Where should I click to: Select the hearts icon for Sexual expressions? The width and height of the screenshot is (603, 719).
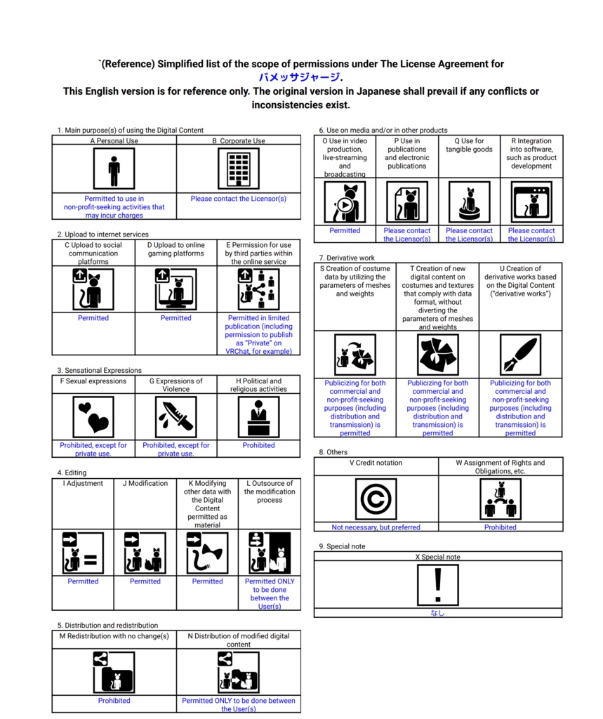93,416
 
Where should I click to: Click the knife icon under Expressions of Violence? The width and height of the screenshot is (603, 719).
175,416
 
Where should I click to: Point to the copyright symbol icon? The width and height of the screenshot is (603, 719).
376,499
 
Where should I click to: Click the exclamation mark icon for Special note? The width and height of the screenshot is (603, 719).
438,584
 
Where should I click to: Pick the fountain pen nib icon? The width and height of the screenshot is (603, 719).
520,355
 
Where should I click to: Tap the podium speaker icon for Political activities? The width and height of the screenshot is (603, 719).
258,416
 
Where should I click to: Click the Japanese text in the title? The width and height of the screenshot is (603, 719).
300,77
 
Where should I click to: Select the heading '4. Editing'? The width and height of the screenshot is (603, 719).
72,473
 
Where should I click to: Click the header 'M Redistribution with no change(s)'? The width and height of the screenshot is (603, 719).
114,636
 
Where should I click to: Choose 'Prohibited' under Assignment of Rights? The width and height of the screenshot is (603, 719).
500,527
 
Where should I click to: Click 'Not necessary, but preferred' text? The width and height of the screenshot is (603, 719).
376,527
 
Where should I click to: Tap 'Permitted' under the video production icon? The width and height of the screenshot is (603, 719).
345,230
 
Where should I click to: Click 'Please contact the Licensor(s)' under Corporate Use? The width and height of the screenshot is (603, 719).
239,199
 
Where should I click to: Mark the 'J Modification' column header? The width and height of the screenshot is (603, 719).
145,483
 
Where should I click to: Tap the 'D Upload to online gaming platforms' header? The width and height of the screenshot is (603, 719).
175,249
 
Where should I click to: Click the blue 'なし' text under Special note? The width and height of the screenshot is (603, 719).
437,613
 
